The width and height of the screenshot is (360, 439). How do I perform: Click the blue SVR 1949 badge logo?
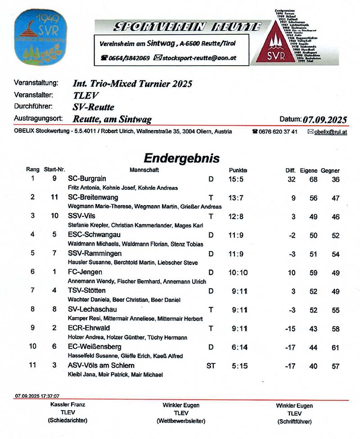[40, 37]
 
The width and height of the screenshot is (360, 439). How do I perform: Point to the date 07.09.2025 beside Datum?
[325, 119]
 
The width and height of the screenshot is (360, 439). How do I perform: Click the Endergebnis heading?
[181, 158]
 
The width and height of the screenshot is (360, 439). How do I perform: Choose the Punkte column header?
[238, 170]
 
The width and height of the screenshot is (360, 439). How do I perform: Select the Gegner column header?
[331, 171]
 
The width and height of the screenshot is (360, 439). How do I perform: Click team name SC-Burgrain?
[87, 179]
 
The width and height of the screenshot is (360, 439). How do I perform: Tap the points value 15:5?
[236, 179]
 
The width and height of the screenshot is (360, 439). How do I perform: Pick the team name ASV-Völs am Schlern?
[101, 365]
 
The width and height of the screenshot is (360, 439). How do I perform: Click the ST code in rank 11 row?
[211, 366]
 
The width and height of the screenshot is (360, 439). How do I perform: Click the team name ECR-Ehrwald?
[89, 328]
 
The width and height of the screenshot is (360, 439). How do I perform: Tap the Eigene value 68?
[313, 179]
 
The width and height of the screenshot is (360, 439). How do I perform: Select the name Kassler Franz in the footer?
[67, 404]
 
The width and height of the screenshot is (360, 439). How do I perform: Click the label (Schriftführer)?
[294, 421]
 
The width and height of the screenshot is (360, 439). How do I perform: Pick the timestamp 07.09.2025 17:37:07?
[37, 396]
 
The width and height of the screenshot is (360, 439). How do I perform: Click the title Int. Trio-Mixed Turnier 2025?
[132, 84]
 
